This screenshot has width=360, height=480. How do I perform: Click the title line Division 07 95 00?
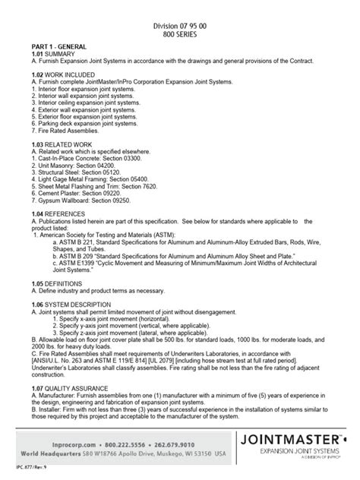click(x=179, y=25)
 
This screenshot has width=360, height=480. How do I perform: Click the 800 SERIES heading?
click(x=179, y=34)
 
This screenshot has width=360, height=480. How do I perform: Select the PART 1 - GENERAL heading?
click(x=50, y=46)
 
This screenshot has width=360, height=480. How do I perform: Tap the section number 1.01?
click(x=32, y=55)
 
